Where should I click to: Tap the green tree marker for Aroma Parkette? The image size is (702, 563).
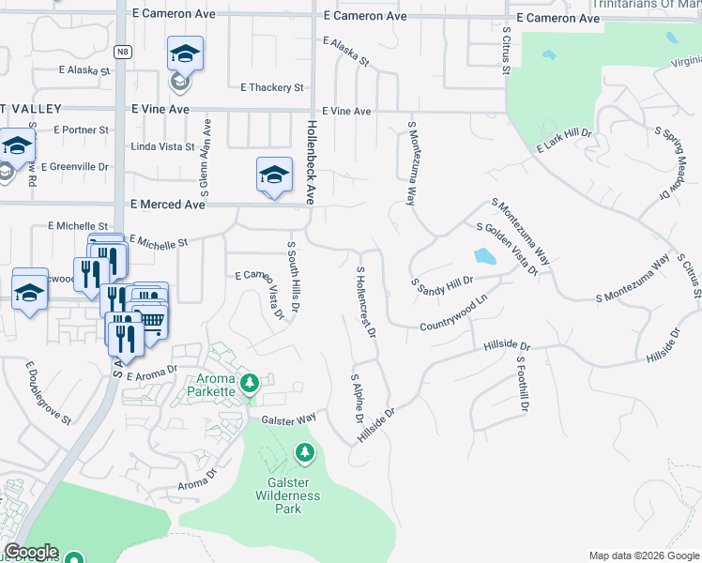(x=250, y=383)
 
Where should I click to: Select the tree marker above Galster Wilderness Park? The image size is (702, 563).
(x=304, y=454)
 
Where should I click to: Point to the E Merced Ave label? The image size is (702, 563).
(x=167, y=204)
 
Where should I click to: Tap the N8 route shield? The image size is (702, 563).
(x=123, y=52)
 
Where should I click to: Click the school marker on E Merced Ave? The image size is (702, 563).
(x=273, y=175)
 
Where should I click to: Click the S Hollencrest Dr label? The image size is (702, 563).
(x=365, y=301)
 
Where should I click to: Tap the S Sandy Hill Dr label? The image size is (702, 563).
(x=441, y=281)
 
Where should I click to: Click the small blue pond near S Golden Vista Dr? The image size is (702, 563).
(x=484, y=256)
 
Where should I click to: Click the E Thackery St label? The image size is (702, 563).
(x=272, y=87)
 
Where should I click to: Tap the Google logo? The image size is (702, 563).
(x=31, y=552)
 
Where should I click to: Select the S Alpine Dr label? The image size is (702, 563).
(x=357, y=399)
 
